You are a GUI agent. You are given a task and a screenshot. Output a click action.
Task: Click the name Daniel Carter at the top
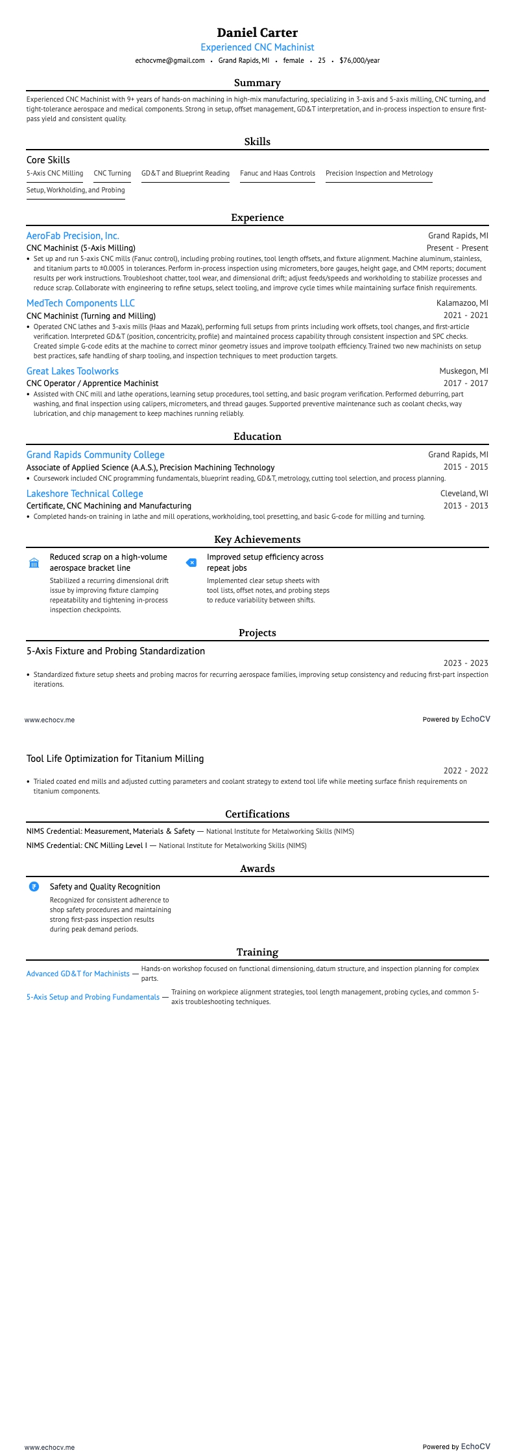point(257,32)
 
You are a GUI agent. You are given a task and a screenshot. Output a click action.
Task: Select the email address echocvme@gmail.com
point(169,60)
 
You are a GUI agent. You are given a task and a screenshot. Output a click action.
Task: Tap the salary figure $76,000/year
point(359,60)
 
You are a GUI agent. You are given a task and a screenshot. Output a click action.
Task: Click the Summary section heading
point(257,83)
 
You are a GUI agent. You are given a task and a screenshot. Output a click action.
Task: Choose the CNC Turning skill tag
point(112,173)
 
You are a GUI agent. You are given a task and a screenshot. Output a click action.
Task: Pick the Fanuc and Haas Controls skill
point(278,173)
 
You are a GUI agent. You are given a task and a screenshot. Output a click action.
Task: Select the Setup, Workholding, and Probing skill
point(75,190)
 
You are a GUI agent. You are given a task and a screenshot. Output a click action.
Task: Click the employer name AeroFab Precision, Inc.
point(73,236)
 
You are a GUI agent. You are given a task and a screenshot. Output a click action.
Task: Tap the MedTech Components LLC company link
point(80,303)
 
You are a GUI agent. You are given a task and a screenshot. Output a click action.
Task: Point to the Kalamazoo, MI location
point(462,303)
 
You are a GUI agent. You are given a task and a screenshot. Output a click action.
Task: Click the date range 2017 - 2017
point(466,383)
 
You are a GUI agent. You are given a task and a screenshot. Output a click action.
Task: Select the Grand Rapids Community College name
point(95,455)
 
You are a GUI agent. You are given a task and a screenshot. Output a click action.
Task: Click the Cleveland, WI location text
point(464,494)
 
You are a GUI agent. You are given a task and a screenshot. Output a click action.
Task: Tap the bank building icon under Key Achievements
point(34,562)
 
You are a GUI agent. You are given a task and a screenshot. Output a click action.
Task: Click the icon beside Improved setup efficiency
point(191,562)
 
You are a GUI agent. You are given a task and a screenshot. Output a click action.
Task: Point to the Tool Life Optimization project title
point(115,759)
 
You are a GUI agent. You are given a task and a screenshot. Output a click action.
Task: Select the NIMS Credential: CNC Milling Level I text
point(87,845)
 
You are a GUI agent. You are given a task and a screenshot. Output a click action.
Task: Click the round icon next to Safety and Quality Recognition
point(34,887)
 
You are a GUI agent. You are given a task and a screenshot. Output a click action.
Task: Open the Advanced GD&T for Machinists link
point(78,974)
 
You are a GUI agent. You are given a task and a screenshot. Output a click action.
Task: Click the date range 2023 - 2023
point(466,663)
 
